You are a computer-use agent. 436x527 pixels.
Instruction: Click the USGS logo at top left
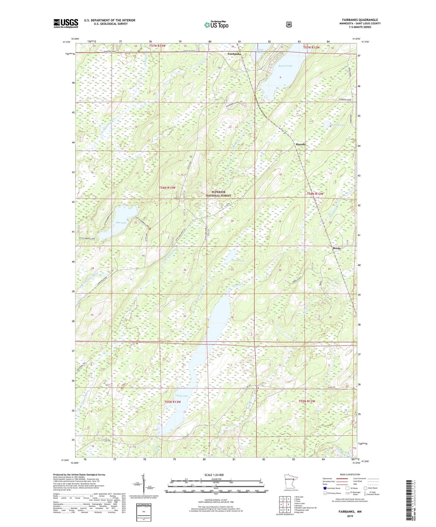click(x=66, y=23)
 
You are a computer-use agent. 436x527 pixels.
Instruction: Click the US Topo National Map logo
click(x=216, y=25)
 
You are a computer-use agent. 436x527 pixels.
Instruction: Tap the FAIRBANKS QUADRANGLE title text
click(x=360, y=20)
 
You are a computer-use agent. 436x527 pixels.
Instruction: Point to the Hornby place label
click(x=301, y=144)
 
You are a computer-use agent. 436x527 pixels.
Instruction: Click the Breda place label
click(x=336, y=248)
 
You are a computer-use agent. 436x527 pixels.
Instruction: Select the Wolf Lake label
click(x=182, y=396)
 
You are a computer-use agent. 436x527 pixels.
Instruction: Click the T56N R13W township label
click(x=167, y=188)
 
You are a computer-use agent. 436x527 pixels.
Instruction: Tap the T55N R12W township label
click(x=307, y=401)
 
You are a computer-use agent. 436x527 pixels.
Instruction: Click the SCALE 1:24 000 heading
click(x=214, y=475)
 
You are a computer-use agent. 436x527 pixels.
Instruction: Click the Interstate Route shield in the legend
click(x=325, y=488)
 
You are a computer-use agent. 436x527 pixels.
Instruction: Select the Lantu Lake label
click(x=238, y=260)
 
